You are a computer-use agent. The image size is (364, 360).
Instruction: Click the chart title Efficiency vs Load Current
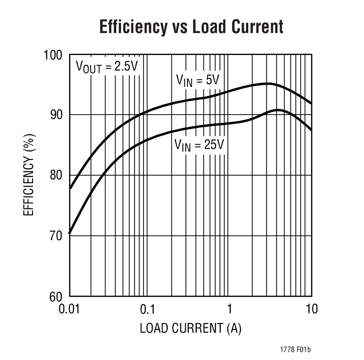point(191,27)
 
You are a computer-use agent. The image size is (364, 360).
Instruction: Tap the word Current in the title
point(257,27)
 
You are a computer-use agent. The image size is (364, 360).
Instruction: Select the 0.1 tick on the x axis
point(147,309)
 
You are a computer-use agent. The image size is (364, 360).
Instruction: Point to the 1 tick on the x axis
point(230,309)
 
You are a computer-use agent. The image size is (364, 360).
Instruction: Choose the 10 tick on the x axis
point(311,309)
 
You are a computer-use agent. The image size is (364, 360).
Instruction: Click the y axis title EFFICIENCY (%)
point(28,175)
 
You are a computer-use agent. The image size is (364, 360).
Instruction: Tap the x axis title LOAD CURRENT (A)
point(191,328)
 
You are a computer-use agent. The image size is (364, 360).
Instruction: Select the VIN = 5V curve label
point(198,80)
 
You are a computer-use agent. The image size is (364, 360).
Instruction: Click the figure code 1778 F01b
point(295,350)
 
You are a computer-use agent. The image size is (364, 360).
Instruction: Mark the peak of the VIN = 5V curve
point(267,83)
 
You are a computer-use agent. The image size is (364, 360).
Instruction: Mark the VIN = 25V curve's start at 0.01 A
point(70,233)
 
